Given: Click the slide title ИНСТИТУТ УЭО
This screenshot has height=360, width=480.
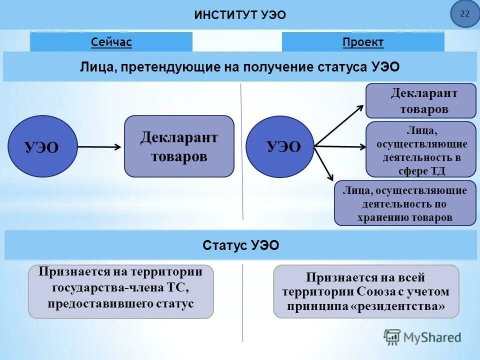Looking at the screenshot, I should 240,15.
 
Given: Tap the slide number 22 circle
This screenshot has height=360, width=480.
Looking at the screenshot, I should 464,14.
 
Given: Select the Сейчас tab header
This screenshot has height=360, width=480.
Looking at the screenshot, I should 111,42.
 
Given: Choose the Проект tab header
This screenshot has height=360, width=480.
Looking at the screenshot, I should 363,42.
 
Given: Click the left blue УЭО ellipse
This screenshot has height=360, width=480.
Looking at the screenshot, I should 43,146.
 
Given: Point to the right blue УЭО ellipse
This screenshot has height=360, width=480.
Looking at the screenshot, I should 280,146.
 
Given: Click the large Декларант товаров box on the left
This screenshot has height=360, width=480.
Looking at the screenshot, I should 179,146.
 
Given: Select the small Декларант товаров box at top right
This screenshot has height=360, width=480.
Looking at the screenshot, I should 420,101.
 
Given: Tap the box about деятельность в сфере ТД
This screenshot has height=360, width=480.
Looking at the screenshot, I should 420,149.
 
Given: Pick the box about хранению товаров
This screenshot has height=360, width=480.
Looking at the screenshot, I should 405,203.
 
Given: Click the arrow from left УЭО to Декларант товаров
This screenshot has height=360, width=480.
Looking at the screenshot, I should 99,147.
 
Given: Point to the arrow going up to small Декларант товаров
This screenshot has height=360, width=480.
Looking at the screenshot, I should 340,125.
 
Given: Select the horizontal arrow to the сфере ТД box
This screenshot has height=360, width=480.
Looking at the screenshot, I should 340,146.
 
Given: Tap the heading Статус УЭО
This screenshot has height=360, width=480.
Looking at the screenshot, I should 241,245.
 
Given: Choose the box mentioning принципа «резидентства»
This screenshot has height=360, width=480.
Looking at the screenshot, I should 365,291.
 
